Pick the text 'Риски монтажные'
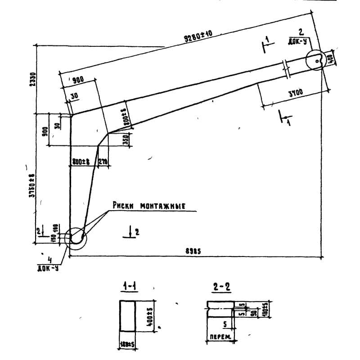point(149,206)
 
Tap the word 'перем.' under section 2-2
point(218,336)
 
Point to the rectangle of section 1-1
point(127,316)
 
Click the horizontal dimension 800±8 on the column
point(81,161)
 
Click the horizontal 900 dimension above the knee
point(77,80)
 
